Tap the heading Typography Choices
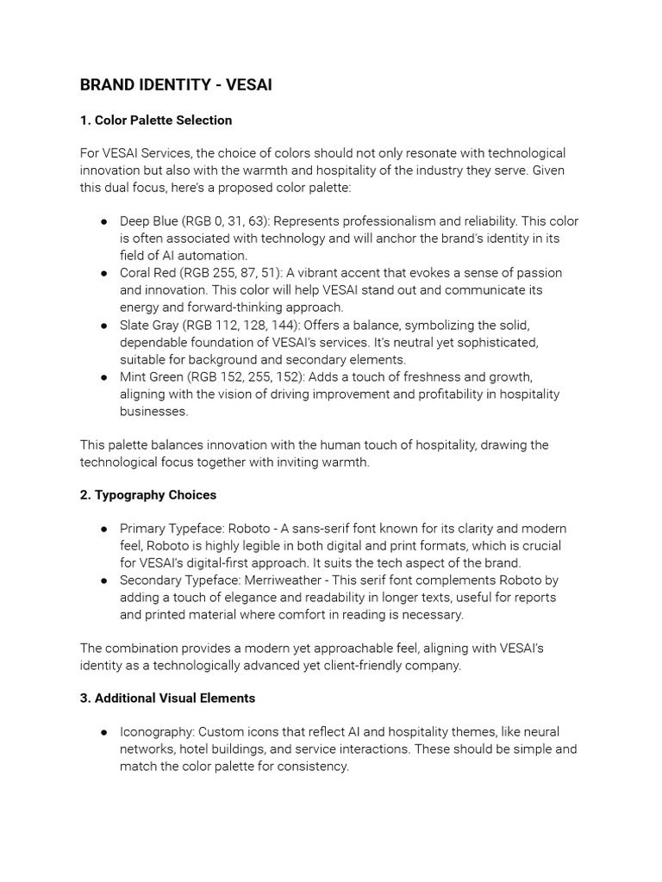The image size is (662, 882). point(155,494)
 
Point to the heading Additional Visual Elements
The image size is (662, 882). point(174,698)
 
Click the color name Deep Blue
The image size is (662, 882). point(148,221)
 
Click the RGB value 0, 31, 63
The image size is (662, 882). point(227,221)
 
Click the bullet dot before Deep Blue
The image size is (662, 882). point(103,221)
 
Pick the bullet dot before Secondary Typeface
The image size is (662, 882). point(103,581)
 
